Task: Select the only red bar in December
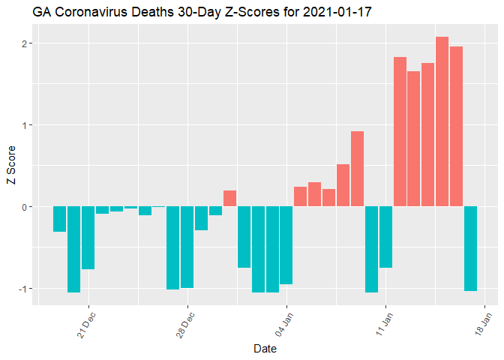(229, 199)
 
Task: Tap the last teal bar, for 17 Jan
(470, 248)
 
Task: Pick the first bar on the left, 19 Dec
(59, 219)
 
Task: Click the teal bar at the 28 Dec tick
(187, 247)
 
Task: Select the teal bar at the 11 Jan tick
(385, 237)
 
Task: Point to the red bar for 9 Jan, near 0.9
(357, 169)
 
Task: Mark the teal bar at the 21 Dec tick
(88, 237)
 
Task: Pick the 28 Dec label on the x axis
(186, 324)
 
